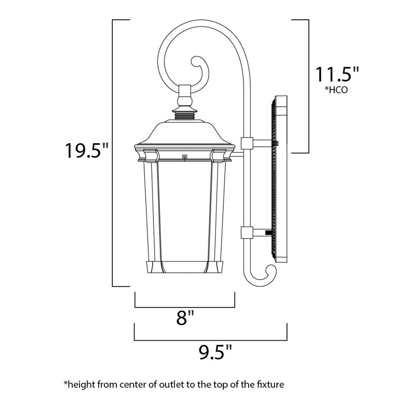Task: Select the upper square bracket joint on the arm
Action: pos(247,144)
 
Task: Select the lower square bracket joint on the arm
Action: pos(247,233)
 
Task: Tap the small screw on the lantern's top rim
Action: pos(184,157)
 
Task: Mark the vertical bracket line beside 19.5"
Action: pos(112,152)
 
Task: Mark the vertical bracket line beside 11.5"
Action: pos(309,86)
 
